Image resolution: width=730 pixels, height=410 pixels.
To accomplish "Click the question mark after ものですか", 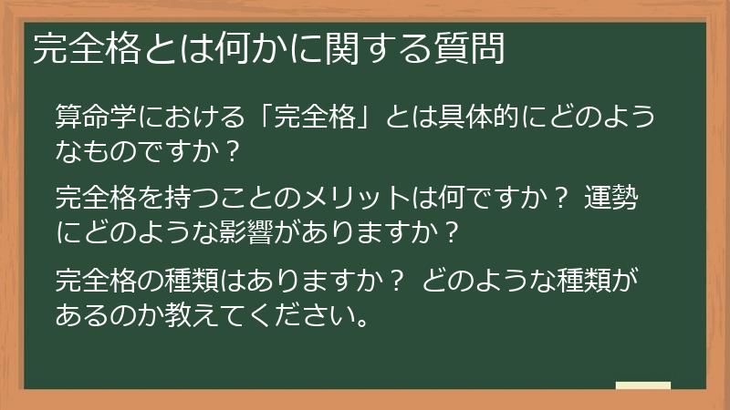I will coord(233,152).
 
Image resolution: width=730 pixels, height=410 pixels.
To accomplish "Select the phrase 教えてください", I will coord(265,315).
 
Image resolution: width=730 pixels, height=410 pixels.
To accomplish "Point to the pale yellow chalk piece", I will coord(642,386).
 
